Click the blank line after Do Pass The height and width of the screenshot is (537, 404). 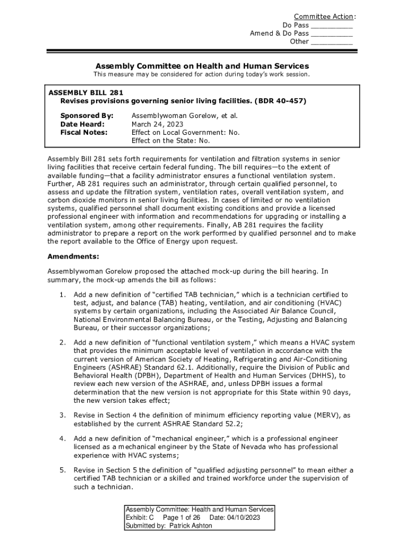(332, 25)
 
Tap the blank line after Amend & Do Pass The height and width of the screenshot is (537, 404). (332, 34)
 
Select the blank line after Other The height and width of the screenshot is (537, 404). (332, 42)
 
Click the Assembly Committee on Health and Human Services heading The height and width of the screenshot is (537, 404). (202, 66)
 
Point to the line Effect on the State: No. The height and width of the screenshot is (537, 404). (171, 141)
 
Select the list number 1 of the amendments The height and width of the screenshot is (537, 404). (62, 295)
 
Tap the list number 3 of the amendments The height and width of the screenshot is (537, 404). (62, 415)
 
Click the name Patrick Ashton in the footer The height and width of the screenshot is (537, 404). (192, 526)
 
